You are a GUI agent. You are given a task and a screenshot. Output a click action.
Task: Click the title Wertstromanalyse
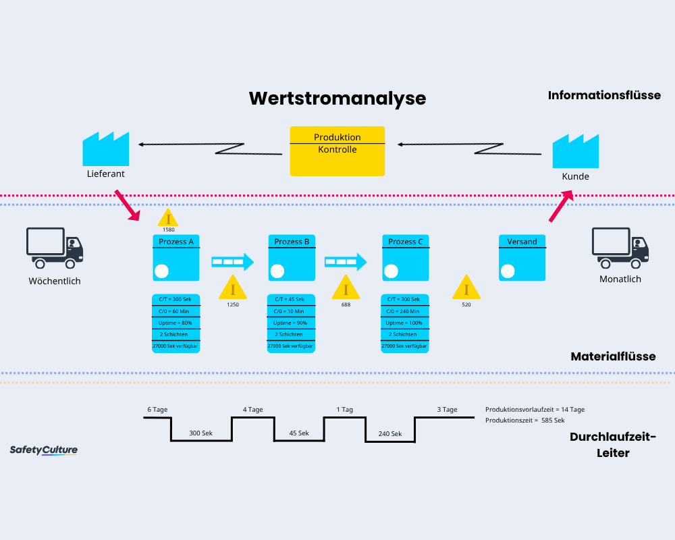point(337,98)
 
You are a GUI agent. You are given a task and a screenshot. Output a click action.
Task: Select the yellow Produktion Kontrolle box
point(337,151)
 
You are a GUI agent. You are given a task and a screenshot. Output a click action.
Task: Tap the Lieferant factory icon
point(105,149)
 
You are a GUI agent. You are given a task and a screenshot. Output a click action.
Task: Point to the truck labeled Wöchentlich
point(54,248)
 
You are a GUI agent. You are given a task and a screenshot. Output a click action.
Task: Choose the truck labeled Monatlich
point(620,248)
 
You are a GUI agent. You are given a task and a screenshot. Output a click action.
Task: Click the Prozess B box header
point(292,242)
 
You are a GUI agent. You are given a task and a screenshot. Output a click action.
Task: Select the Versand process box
point(522,257)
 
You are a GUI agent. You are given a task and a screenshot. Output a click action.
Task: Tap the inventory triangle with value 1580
point(168,217)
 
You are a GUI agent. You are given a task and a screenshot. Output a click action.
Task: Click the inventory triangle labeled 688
point(346,288)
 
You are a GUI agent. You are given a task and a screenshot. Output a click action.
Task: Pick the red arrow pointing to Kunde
point(560,206)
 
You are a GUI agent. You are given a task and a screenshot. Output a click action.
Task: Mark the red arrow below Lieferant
point(127,205)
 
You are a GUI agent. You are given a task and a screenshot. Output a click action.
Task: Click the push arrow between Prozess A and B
point(232,261)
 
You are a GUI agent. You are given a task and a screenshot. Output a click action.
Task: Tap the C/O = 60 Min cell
point(176,311)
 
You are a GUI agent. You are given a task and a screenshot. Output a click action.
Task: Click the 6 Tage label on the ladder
point(157,410)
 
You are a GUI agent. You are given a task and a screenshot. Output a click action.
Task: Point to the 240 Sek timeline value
point(389,434)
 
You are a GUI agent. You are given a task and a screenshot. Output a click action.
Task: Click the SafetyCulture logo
point(44,450)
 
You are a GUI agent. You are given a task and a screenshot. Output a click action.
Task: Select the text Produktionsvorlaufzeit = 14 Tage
point(535,410)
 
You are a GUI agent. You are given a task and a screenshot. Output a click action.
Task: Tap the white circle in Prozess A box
point(161,271)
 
